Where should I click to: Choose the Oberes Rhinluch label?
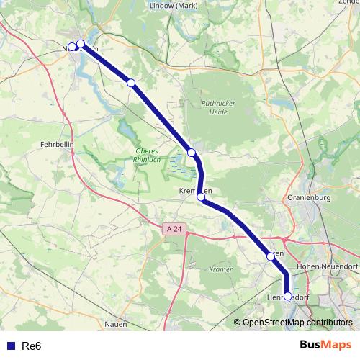coord(149,155)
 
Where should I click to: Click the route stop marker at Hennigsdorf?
coord(288,296)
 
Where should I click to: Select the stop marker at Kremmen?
coord(201,197)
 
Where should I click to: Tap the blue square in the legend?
coord(10,346)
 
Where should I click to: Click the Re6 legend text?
coord(32,346)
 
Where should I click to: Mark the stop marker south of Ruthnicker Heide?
coord(192,152)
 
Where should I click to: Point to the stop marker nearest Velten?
coord(271,256)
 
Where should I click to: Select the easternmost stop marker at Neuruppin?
coord(81,44)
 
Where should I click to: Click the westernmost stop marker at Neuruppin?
coord(72,47)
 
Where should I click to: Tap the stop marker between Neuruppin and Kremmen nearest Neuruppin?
coord(130,83)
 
